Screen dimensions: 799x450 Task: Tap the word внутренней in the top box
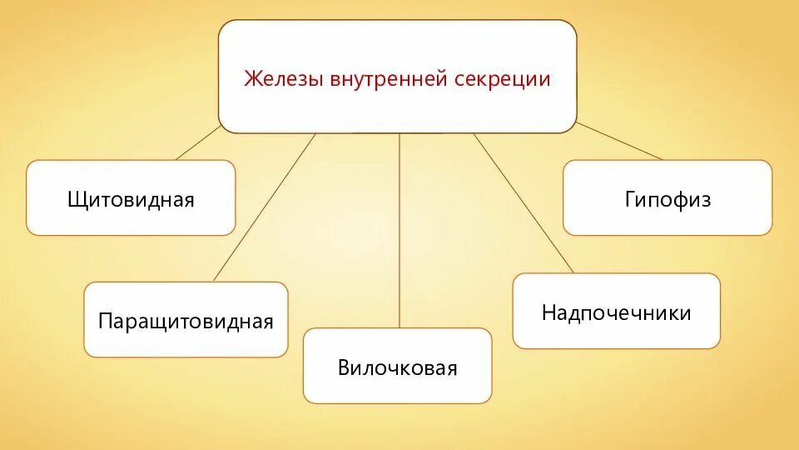tap(390, 79)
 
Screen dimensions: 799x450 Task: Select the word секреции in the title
tap(503, 79)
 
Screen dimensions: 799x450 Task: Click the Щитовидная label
tap(131, 200)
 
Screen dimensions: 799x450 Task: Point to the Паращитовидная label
tap(186, 321)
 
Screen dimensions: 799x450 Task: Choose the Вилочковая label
tap(397, 367)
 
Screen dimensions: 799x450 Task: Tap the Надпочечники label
tap(616, 312)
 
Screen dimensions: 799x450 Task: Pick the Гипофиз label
tap(667, 200)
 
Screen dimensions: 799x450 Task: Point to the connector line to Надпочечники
tap(524, 204)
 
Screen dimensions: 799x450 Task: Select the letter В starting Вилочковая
tap(344, 367)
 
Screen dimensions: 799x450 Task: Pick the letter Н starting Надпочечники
tap(548, 312)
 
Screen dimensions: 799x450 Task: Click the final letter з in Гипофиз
tap(707, 201)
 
